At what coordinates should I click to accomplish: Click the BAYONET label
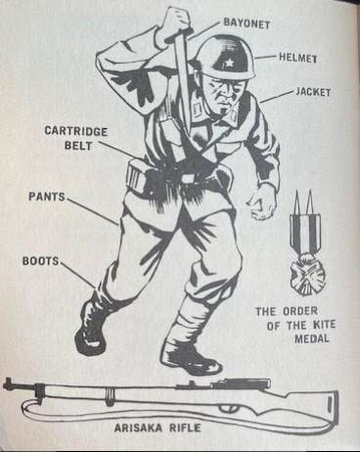247,23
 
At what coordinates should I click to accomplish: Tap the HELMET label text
298,58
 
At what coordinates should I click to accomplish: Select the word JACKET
313,92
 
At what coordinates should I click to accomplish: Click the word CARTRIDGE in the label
76,131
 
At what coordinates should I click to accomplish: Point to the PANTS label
47,197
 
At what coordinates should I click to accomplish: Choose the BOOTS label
40,261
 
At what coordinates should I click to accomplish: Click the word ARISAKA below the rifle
140,428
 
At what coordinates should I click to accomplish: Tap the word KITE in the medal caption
324,325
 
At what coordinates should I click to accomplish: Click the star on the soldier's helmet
228,61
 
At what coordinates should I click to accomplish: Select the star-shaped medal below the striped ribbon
308,275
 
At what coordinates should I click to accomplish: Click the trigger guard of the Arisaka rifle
229,408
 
